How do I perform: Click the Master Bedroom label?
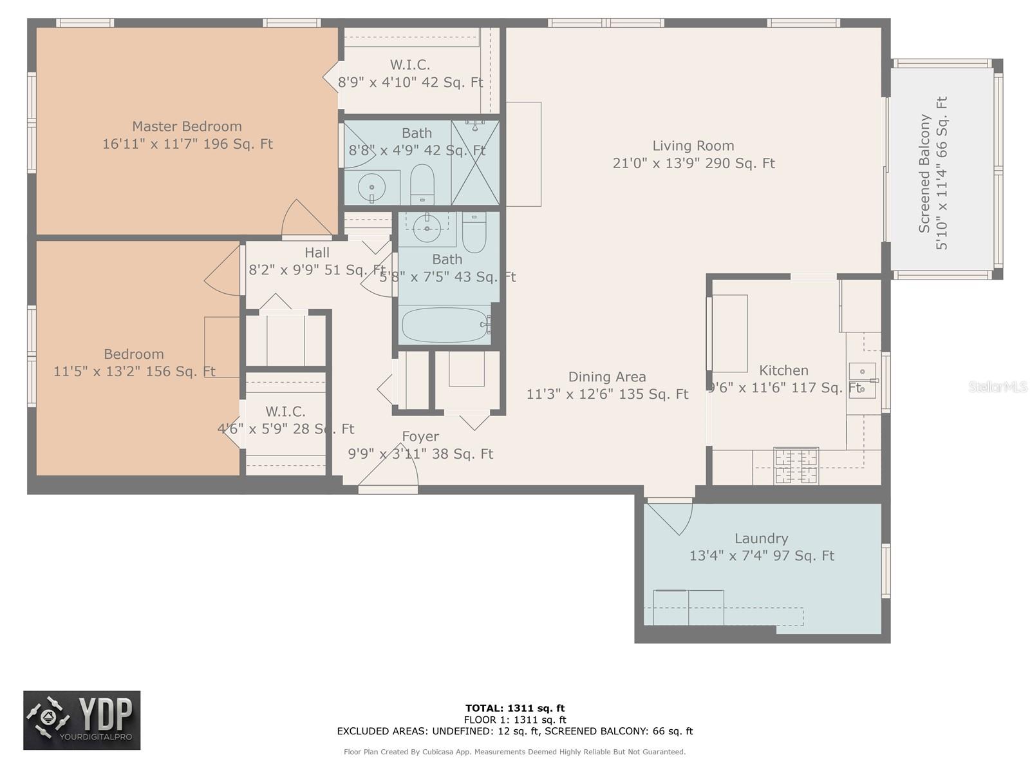point(187,127)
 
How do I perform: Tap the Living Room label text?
point(693,146)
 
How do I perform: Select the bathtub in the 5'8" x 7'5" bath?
point(445,325)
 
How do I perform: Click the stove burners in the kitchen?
point(796,466)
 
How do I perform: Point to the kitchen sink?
point(863,380)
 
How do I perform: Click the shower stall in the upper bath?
point(475,162)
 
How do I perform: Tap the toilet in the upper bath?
point(422,184)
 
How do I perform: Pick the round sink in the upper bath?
point(371,187)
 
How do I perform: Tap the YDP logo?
point(82,720)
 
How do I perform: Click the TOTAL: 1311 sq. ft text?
point(515,709)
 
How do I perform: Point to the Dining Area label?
point(606,377)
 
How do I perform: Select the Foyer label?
point(420,437)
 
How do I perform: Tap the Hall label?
point(317,253)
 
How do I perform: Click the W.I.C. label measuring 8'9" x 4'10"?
point(410,65)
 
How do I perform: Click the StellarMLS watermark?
point(998,387)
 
